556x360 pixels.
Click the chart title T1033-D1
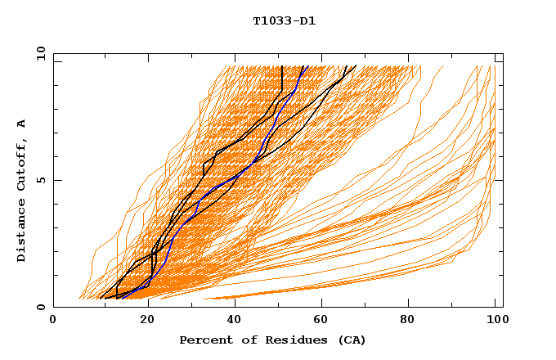point(284,21)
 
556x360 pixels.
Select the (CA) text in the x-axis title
point(352,340)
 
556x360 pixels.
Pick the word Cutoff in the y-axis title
point(21,167)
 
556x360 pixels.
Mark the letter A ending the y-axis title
point(21,124)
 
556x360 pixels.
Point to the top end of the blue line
point(304,66)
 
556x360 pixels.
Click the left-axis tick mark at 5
point(56,180)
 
